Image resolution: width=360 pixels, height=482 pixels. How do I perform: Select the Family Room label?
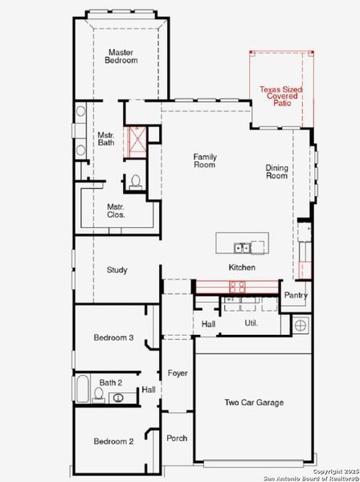click(205, 160)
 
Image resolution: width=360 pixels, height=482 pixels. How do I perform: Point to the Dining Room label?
click(276, 171)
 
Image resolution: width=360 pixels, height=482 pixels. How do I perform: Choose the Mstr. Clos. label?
click(116, 210)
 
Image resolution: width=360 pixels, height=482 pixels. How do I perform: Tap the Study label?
click(117, 270)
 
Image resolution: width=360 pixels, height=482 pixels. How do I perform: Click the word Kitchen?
click(242, 268)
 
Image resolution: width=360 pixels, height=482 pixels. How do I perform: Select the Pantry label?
click(296, 296)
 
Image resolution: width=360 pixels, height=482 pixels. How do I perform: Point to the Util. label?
click(251, 323)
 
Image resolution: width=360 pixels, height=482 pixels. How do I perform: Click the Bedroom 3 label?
click(112, 338)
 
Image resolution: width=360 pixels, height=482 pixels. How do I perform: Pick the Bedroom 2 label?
click(112, 441)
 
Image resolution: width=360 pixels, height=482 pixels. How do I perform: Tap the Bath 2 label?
click(111, 382)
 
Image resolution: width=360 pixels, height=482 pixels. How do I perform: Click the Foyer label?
click(178, 374)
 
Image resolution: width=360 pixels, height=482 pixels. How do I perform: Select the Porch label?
click(177, 438)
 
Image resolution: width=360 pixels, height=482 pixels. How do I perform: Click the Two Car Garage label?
click(253, 402)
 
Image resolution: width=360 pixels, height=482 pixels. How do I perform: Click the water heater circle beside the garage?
click(301, 325)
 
